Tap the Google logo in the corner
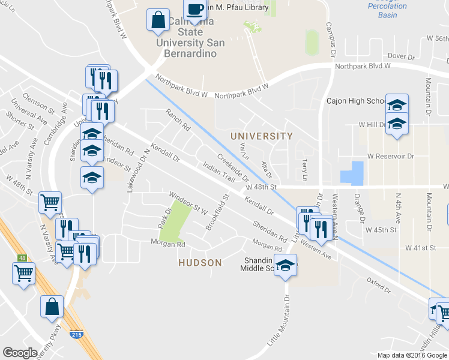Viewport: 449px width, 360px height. [20, 353]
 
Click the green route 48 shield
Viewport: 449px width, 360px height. [22, 258]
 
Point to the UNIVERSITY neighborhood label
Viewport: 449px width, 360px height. [262, 136]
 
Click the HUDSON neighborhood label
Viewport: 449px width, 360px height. [200, 263]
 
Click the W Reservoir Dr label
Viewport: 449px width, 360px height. [391, 156]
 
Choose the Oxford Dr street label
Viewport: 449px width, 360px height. [379, 286]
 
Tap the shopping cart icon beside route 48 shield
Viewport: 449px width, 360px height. [23, 274]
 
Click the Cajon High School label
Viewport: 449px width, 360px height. [355, 101]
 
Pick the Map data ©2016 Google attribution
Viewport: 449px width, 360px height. [411, 355]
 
